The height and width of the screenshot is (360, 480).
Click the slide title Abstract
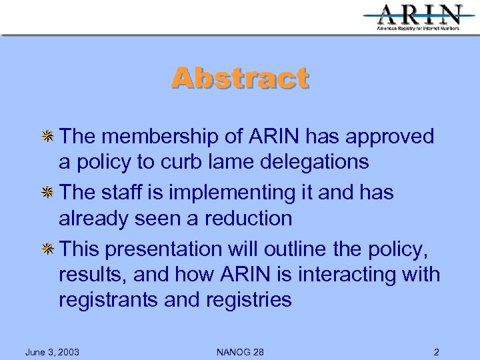(240, 78)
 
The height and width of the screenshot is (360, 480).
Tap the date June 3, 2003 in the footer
(52, 351)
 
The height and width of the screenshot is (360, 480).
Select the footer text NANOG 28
(240, 351)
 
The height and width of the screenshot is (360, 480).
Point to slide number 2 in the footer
(436, 351)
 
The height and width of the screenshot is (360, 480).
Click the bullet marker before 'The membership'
(48, 137)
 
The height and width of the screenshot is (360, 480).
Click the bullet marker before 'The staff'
(48, 193)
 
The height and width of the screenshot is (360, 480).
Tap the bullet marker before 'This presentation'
(48, 249)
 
